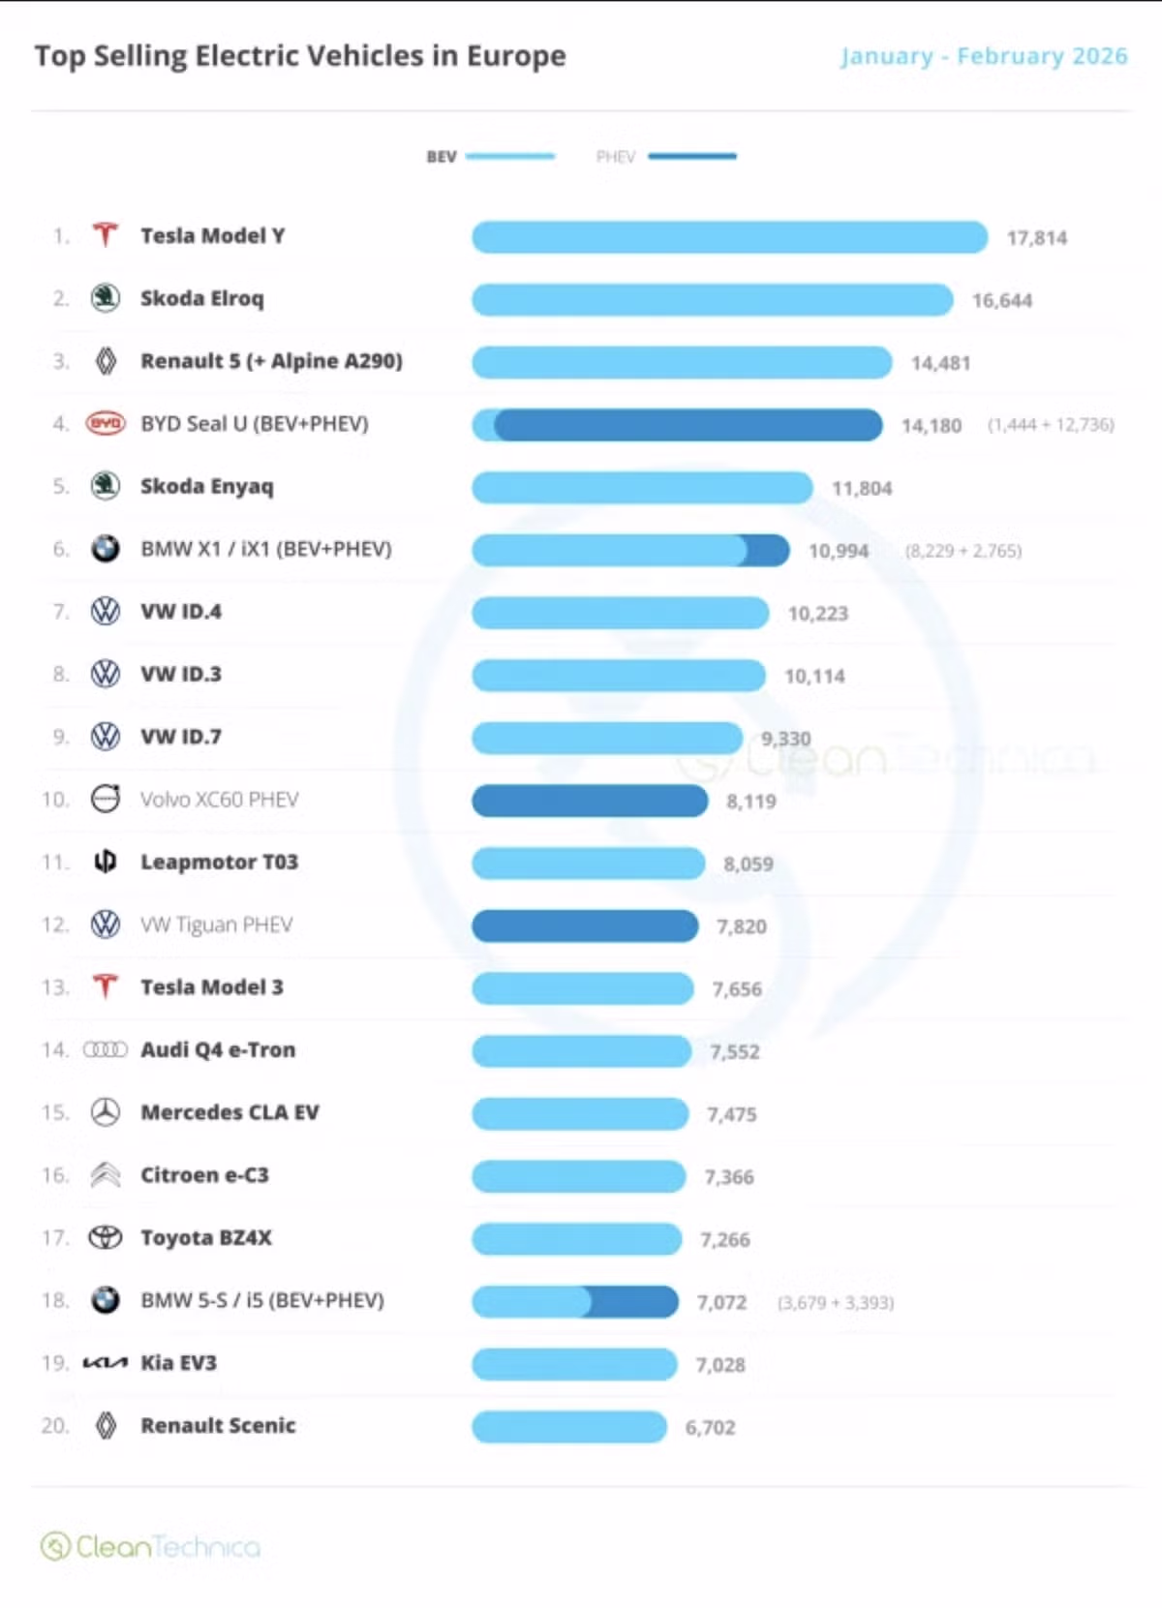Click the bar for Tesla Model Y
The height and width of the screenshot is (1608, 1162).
728,237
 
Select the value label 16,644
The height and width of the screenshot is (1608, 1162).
1001,301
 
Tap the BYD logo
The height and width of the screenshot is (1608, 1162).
106,424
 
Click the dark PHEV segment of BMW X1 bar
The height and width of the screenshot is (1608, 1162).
768,551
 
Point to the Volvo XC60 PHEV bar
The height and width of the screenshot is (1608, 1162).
589,801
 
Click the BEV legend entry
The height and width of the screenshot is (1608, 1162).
490,156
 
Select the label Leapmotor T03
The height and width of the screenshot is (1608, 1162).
219,862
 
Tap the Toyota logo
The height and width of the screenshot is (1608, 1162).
106,1237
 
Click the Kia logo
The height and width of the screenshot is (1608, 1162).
105,1363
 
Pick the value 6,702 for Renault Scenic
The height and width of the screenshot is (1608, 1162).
710,1427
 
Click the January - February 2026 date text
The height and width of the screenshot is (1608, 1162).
984,56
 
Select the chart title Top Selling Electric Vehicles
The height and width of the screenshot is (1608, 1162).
300,56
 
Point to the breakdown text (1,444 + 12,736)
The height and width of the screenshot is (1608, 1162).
1051,425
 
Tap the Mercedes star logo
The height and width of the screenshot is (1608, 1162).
106,1112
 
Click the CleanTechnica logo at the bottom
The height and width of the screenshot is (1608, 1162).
150,1546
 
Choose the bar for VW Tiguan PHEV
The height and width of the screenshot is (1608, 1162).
584,925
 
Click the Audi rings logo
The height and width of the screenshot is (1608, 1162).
106,1049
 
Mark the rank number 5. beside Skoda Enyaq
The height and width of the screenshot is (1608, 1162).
61,486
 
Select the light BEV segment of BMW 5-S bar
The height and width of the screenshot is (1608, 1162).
530,1302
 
